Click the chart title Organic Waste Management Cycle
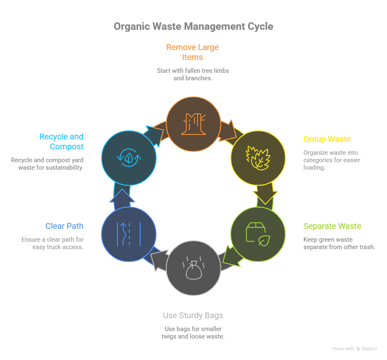pos(193,26)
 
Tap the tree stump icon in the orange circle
pos(193,123)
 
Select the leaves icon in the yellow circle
pos(258,158)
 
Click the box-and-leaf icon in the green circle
pos(258,234)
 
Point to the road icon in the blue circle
pos(129,234)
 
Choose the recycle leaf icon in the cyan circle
pos(129,158)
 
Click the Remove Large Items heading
pos(193,52)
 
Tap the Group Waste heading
pos(327,139)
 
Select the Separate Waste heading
pos(332,226)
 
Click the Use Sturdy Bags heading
pos(193,315)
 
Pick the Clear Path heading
pos(64,226)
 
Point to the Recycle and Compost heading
pos(62,142)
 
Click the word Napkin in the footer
pos(370,349)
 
